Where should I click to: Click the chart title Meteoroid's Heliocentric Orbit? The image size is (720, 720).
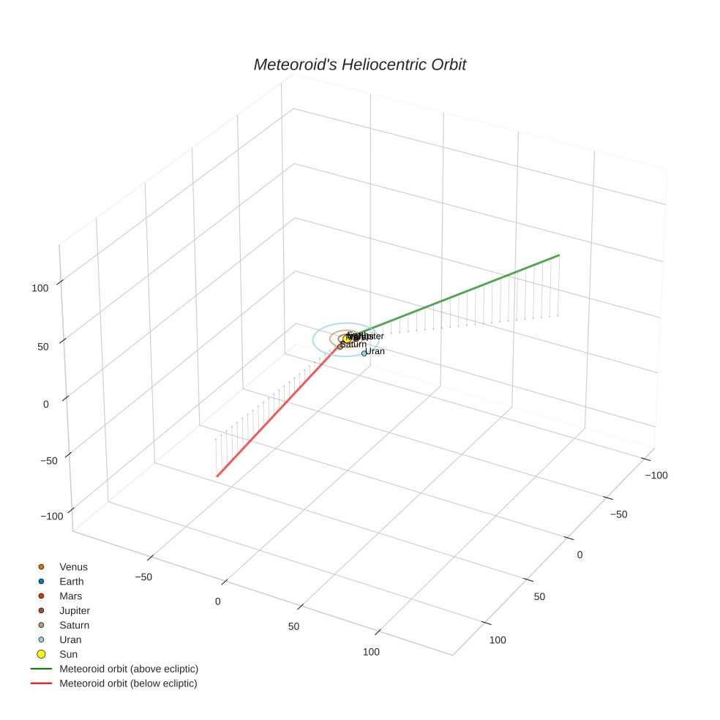(x=359, y=65)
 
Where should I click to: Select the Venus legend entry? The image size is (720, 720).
(x=73, y=567)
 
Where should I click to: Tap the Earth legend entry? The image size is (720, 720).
(x=72, y=582)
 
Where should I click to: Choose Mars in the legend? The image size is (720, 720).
(x=71, y=596)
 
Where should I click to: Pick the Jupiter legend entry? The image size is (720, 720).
(x=75, y=610)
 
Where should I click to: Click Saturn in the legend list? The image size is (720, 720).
(x=74, y=625)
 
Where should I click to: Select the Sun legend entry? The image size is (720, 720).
(x=68, y=654)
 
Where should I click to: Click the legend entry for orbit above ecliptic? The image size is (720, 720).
(x=129, y=669)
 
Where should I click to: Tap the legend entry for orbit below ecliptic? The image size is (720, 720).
(x=128, y=683)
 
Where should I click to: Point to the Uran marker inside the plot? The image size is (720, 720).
(x=364, y=353)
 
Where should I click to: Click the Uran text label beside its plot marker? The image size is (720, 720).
(x=375, y=351)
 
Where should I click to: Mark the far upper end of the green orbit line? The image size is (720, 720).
(x=559, y=255)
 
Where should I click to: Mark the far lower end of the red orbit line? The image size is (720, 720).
(x=217, y=476)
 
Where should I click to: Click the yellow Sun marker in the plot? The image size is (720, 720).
(x=348, y=339)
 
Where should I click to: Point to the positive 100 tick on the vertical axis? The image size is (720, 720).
(x=40, y=288)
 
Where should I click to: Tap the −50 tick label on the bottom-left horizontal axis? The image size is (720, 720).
(x=144, y=577)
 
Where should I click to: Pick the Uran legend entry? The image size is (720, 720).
(x=70, y=640)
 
